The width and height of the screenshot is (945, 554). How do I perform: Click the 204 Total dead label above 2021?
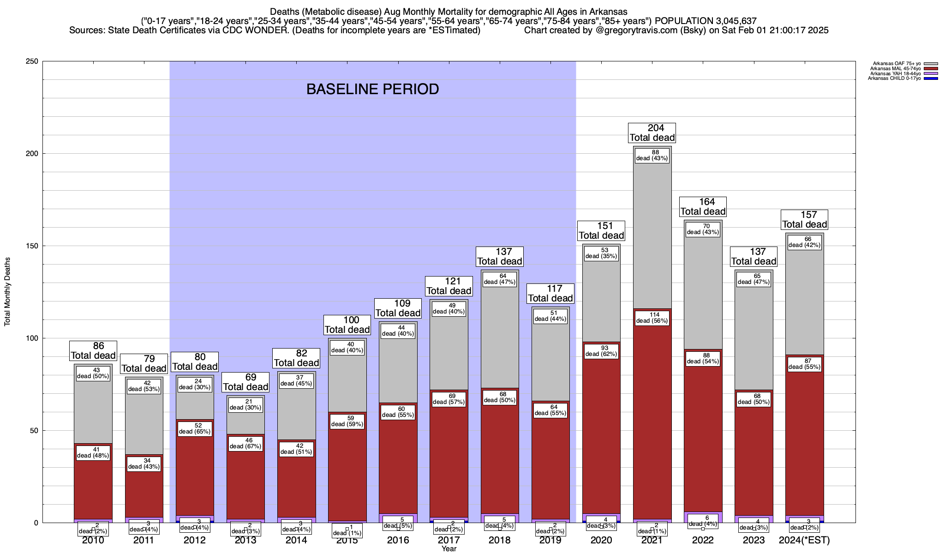[x=652, y=133]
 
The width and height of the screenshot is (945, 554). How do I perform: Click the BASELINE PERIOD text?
[x=372, y=89]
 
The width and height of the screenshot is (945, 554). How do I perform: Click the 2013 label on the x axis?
[x=245, y=540]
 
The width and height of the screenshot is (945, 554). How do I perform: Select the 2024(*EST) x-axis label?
[x=804, y=540]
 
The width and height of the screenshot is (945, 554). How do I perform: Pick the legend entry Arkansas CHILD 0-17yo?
[x=894, y=78]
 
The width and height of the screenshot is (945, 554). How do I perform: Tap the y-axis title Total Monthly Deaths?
[x=7, y=292]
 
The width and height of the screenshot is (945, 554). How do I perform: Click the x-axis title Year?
[x=449, y=549]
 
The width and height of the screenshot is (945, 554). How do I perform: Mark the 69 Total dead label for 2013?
[x=245, y=382]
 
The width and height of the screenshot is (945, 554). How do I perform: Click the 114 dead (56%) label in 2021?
[x=652, y=318]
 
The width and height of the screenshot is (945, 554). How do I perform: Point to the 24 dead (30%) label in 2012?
[x=195, y=384]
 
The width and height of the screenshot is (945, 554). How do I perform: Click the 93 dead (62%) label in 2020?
[x=601, y=351]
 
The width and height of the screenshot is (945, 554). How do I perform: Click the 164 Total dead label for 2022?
[x=703, y=207]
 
